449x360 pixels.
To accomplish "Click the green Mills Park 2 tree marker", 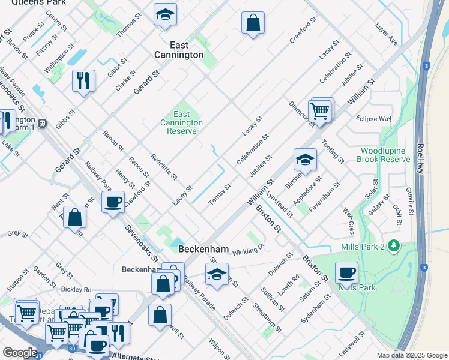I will pos(394,245).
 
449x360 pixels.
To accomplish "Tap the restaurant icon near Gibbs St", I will pos(83,80).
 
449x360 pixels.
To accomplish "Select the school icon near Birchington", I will pos(305,160).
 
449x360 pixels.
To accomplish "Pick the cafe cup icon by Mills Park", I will pos(346,272).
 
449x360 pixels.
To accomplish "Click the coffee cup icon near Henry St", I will pos(113,202).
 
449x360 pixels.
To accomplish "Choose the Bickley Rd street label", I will pos(76,289).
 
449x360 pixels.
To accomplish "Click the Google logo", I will pos(20,353).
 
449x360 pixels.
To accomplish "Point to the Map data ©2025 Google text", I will pos(411,355).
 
